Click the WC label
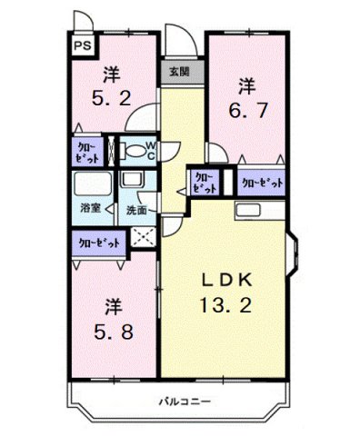click(x=150, y=149)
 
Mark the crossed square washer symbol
click(x=142, y=238)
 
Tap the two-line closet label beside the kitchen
click(x=204, y=182)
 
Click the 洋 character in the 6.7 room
click(x=246, y=87)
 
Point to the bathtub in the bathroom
click(x=90, y=186)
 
